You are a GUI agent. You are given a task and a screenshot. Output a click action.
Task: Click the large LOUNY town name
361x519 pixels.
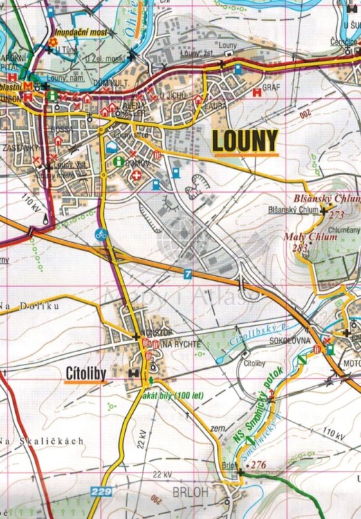246,140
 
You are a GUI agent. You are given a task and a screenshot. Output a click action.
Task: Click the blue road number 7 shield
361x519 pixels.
187,275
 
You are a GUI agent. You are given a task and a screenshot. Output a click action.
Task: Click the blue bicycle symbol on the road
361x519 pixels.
101,234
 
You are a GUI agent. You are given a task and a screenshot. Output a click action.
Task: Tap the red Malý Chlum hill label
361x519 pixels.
311,237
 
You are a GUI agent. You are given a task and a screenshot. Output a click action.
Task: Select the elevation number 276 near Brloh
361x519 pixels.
259,464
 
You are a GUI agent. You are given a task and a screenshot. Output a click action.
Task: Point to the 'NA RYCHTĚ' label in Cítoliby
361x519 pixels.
180,345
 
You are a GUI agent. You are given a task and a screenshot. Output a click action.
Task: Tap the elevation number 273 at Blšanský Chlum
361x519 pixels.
337,215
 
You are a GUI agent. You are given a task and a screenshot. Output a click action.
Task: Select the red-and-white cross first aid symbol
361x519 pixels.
137,176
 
